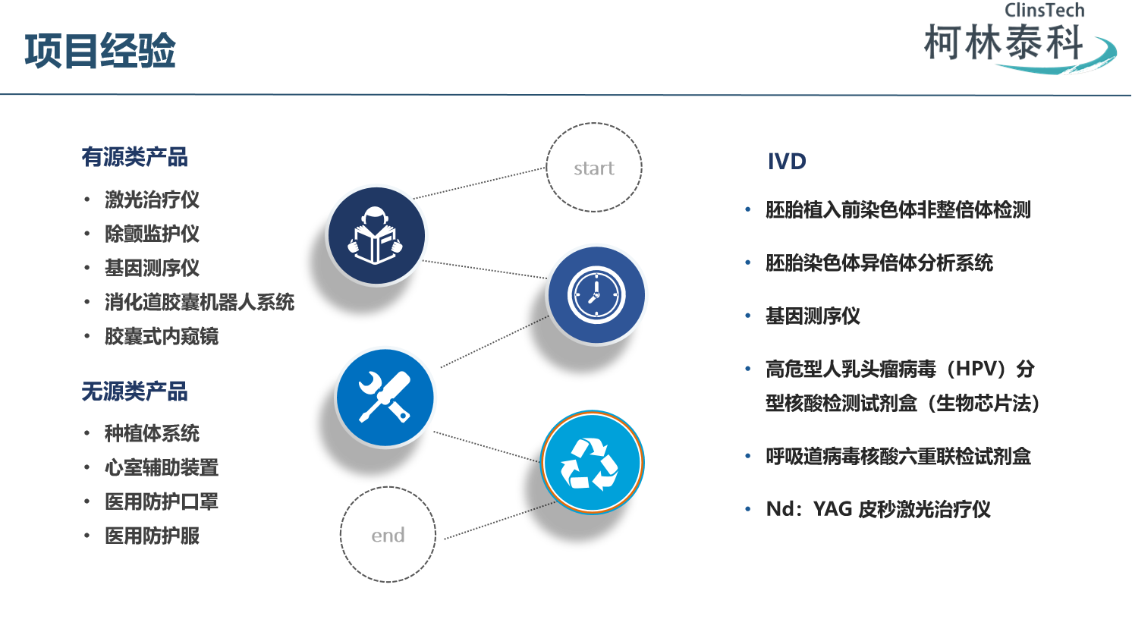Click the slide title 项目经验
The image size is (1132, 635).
(x=100, y=52)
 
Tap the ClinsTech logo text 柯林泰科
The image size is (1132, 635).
(x=1003, y=42)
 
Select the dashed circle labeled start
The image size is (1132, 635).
(x=594, y=168)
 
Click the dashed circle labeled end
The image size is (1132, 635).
(x=388, y=535)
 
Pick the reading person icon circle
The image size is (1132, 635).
(x=376, y=235)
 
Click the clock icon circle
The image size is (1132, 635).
(x=596, y=294)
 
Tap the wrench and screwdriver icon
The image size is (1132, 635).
(x=385, y=397)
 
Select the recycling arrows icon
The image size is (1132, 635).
(x=592, y=462)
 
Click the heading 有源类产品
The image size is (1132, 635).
(x=135, y=157)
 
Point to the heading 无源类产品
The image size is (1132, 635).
(x=135, y=391)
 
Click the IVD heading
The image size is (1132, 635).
(x=787, y=162)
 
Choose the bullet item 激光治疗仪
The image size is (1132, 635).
(x=152, y=200)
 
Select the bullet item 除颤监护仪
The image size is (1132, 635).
(x=152, y=234)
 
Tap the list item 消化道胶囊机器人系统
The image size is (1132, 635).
(x=200, y=302)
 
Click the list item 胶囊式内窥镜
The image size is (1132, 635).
(x=162, y=336)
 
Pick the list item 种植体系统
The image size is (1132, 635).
(x=152, y=433)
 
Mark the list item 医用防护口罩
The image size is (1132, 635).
(x=162, y=501)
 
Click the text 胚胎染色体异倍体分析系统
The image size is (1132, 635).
(x=879, y=263)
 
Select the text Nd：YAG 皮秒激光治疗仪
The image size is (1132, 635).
(x=879, y=509)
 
